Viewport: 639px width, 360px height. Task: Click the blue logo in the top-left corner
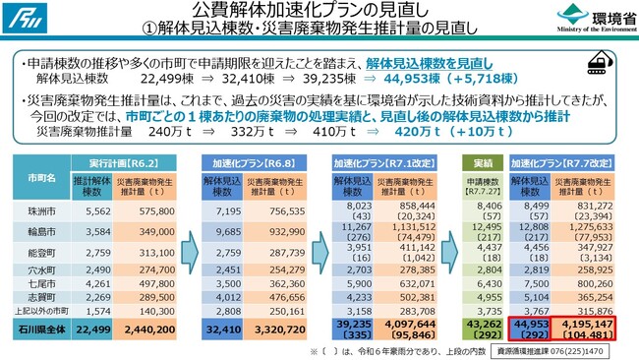pyautogui.click(x=20, y=17)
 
